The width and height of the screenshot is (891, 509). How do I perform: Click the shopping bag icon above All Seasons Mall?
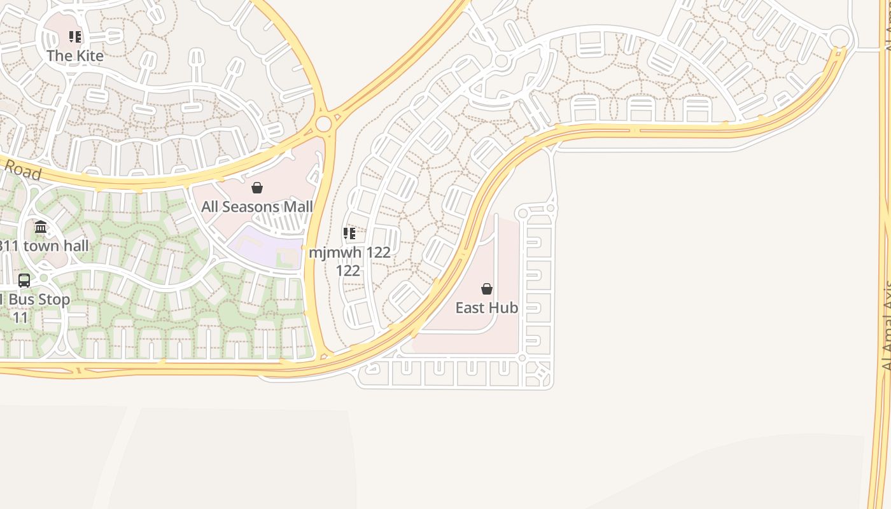[257, 188]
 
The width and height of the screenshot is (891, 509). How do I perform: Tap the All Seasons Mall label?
[257, 207]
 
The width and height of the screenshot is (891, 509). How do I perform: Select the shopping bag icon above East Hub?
[487, 289]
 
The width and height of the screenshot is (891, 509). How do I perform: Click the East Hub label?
[487, 308]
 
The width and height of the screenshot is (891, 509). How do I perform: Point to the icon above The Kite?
[75, 37]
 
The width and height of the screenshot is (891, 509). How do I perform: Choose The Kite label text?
[75, 56]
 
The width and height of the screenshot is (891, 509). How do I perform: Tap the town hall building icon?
[41, 227]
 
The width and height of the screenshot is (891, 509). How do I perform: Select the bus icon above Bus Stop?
[24, 280]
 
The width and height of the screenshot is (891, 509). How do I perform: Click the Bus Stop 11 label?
[34, 307]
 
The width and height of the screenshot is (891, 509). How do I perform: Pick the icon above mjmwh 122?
[349, 234]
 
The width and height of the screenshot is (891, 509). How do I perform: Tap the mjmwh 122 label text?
[349, 253]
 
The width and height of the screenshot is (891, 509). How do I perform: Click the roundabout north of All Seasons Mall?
[323, 123]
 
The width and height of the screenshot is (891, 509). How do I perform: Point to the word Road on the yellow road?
[23, 171]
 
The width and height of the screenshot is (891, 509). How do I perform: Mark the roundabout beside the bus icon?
[43, 278]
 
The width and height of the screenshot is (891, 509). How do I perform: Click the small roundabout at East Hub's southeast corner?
[522, 358]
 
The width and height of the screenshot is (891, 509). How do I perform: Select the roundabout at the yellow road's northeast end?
[840, 38]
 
